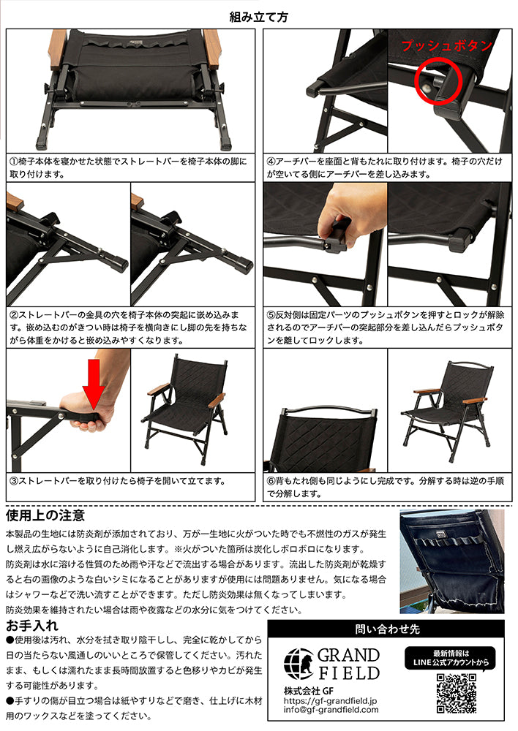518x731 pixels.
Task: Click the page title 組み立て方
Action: [x=259, y=15]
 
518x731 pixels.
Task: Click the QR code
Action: [x=457, y=693]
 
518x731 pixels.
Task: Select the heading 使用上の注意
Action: [x=45, y=517]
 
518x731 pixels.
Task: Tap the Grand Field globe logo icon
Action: [x=299, y=663]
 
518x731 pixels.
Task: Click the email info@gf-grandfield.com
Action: [x=331, y=709]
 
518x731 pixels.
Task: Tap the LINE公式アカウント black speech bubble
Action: [x=457, y=657]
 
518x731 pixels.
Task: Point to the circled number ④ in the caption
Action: [x=271, y=161]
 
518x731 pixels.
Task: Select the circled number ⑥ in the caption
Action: [x=271, y=482]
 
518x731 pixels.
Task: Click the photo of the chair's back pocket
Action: [x=451, y=561]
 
